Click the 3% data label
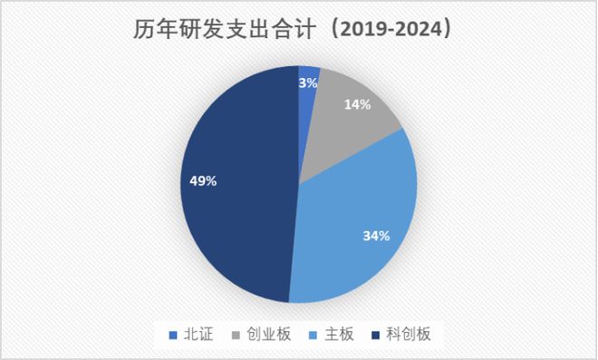[308, 83]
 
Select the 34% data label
[376, 236]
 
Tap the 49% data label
[202, 181]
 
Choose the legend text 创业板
[271, 335]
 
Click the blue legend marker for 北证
[174, 336]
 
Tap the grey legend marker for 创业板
[237, 336]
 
